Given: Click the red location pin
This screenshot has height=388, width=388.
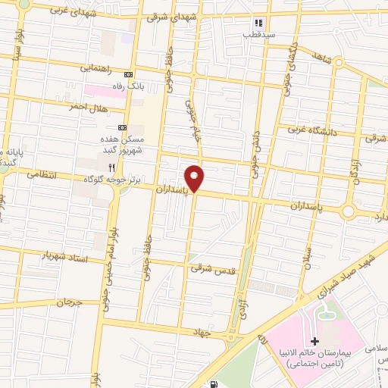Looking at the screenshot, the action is click(x=196, y=177).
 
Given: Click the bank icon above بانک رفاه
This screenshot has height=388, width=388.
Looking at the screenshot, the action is click(x=128, y=75).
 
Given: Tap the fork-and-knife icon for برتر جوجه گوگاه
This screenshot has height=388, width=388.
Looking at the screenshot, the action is click(x=111, y=167).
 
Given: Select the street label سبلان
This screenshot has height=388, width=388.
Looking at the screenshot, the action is click(x=305, y=261).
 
